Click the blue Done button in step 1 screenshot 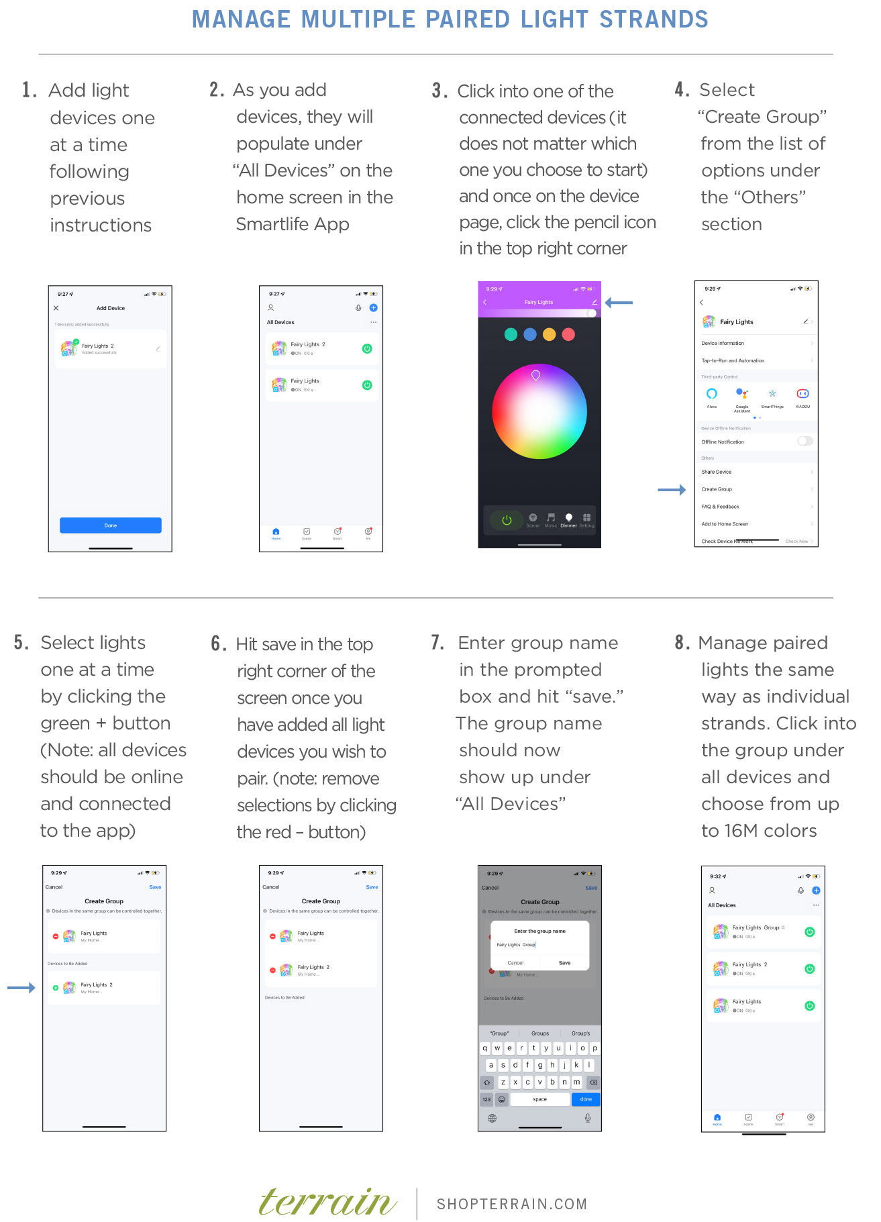(111, 525)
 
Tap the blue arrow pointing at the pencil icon (619, 303)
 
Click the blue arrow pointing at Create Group (672, 490)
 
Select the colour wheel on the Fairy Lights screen (539, 412)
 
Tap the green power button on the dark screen (507, 520)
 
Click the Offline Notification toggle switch (805, 441)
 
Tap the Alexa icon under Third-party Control (712, 394)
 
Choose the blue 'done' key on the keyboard (586, 1099)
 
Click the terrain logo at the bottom (327, 1202)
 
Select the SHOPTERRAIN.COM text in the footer (512, 1204)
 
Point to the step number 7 (437, 643)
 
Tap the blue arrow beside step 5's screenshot (21, 988)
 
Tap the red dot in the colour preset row (568, 334)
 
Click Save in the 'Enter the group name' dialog (565, 962)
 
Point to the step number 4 (682, 90)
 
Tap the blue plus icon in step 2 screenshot (373, 308)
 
